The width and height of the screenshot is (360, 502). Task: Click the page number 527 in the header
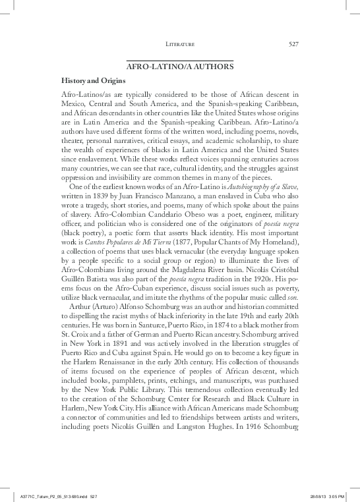coord(294,44)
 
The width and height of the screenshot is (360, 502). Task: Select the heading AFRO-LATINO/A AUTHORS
coord(180,67)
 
